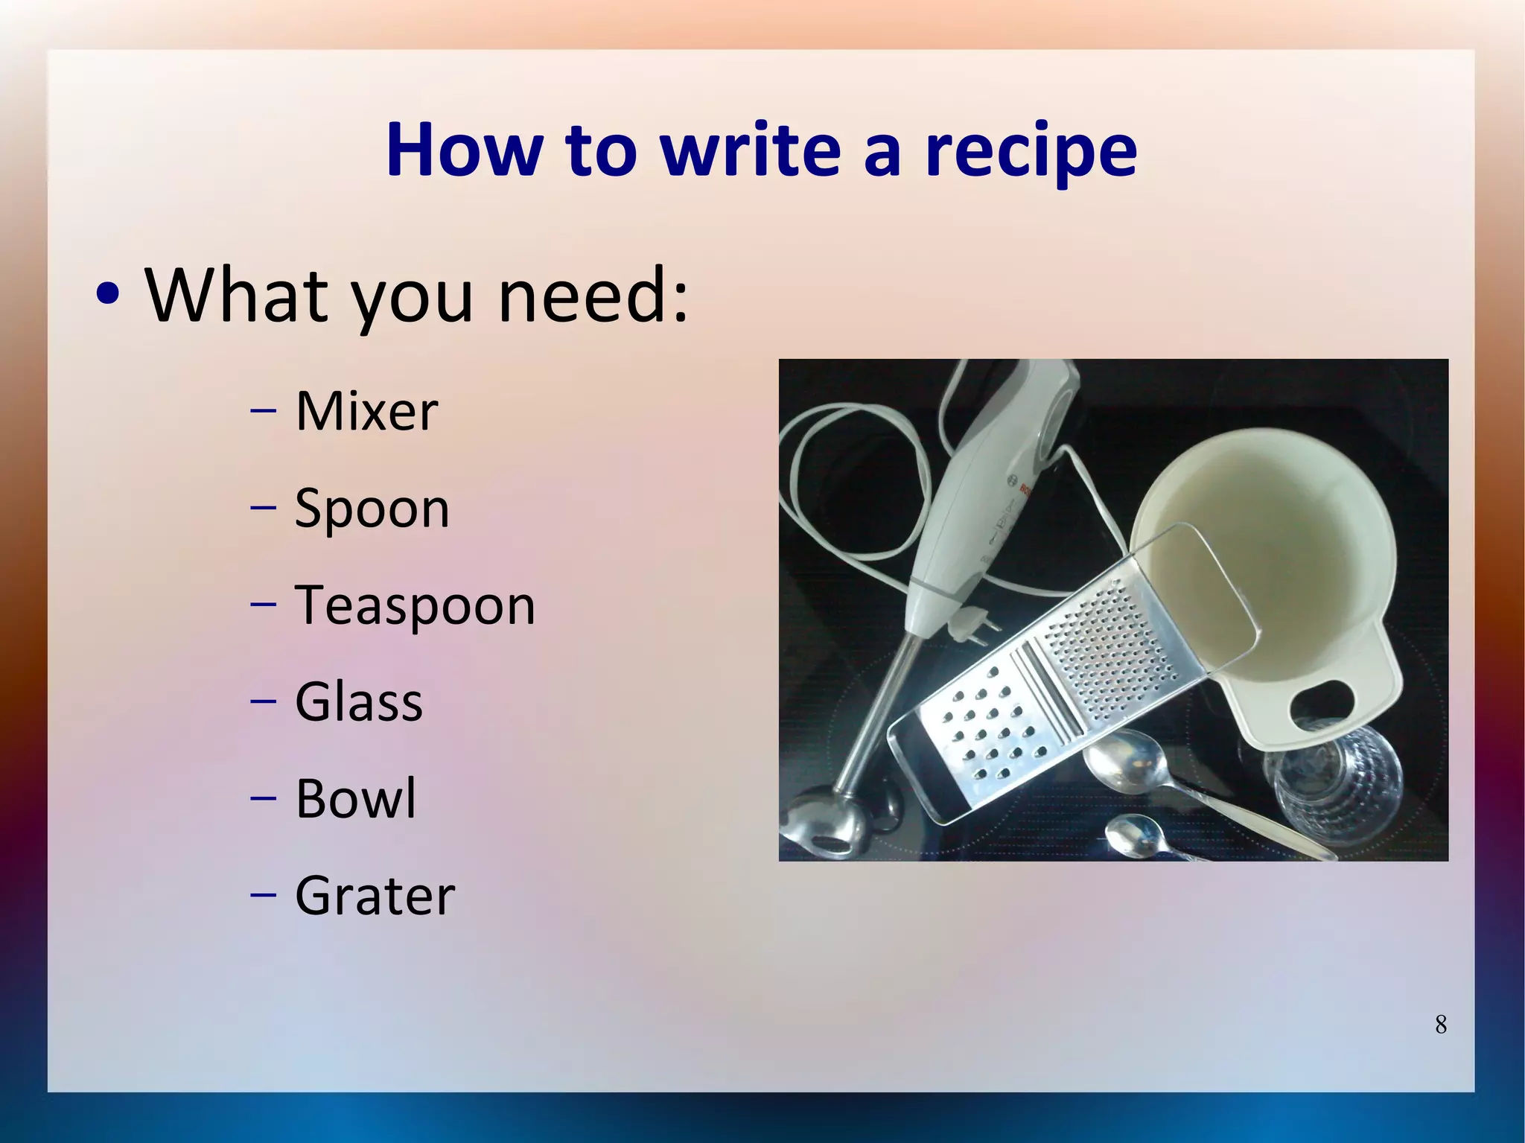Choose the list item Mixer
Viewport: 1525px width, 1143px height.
tap(366, 411)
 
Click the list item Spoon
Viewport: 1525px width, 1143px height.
tap(372, 509)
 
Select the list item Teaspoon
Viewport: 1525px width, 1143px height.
tap(415, 605)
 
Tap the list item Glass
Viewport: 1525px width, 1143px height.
tap(359, 702)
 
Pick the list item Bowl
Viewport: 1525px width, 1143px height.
tap(356, 799)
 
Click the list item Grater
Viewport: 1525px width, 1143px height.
tap(375, 896)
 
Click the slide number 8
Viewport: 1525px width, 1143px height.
tap(1441, 1025)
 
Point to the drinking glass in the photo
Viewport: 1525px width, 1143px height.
tap(1333, 789)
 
